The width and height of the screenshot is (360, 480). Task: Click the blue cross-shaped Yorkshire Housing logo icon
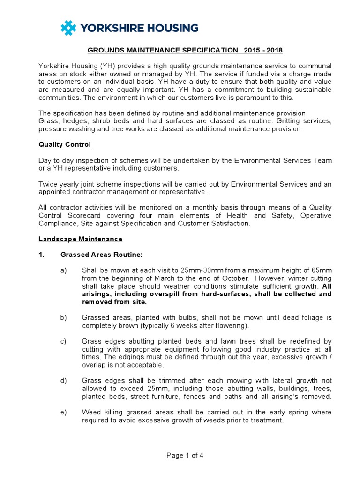tap(68, 28)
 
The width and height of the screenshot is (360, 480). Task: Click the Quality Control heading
tap(65, 144)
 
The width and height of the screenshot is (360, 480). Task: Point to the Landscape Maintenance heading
tap(80, 239)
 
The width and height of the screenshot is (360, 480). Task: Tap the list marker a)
tap(63, 270)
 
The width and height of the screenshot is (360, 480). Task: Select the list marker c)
tap(63, 341)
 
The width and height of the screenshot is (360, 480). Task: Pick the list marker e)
tap(63, 412)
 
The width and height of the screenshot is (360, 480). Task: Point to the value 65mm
tap(321, 270)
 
